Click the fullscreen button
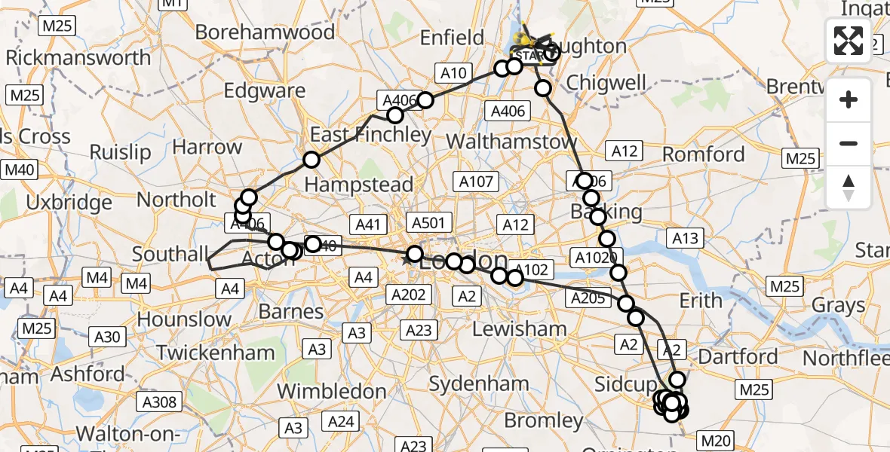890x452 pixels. [849, 41]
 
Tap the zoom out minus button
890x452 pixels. [849, 143]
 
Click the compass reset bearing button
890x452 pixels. [849, 186]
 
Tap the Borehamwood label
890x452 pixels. [264, 32]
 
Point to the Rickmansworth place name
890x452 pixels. [78, 57]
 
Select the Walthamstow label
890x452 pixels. [511, 141]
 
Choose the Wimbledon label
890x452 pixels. [332, 392]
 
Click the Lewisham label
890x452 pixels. [519, 328]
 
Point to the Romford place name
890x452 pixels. [704, 155]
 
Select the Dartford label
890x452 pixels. [738, 356]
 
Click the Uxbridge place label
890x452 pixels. [68, 203]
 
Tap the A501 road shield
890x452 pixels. [429, 222]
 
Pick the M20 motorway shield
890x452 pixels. [717, 440]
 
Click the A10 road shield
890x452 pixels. [453, 73]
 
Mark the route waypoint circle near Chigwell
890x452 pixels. [544, 88]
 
